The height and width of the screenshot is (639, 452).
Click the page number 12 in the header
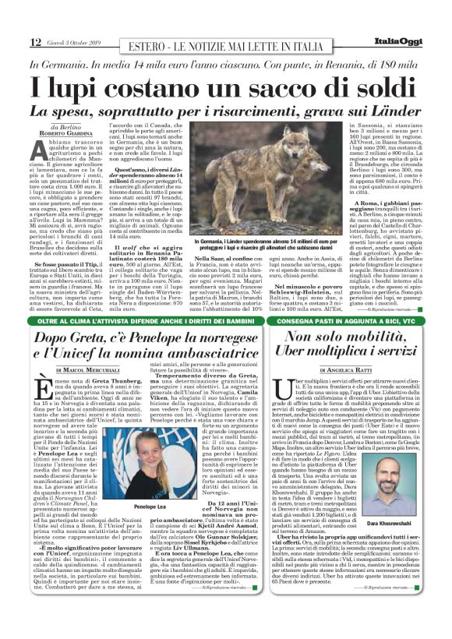(x=36, y=42)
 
